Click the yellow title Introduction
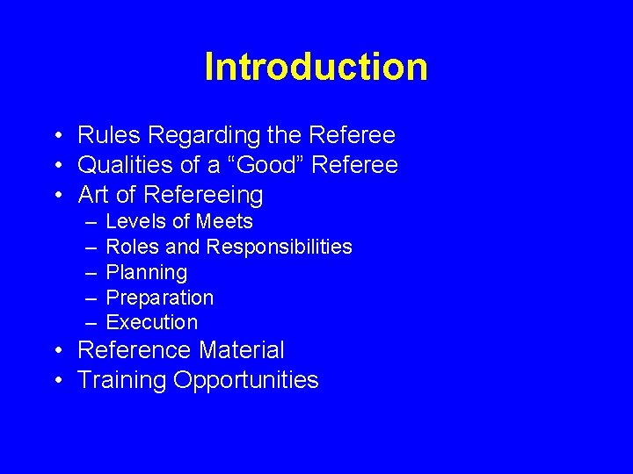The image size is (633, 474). pos(316,67)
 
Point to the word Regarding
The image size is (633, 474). pos(194,136)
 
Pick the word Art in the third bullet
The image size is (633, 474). pos(95,194)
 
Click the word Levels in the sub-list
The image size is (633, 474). pos(135,221)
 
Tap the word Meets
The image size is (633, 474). pos(224,221)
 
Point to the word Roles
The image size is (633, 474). pos(132,247)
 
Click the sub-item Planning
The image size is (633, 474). pos(146,273)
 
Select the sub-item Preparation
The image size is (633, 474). pos(159,298)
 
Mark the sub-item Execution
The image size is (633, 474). pos(151,322)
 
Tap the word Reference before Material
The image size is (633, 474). pos(135,350)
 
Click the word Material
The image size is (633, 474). pos(241,350)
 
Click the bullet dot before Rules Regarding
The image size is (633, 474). pos(55,136)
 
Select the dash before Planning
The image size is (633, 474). pos(91,273)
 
